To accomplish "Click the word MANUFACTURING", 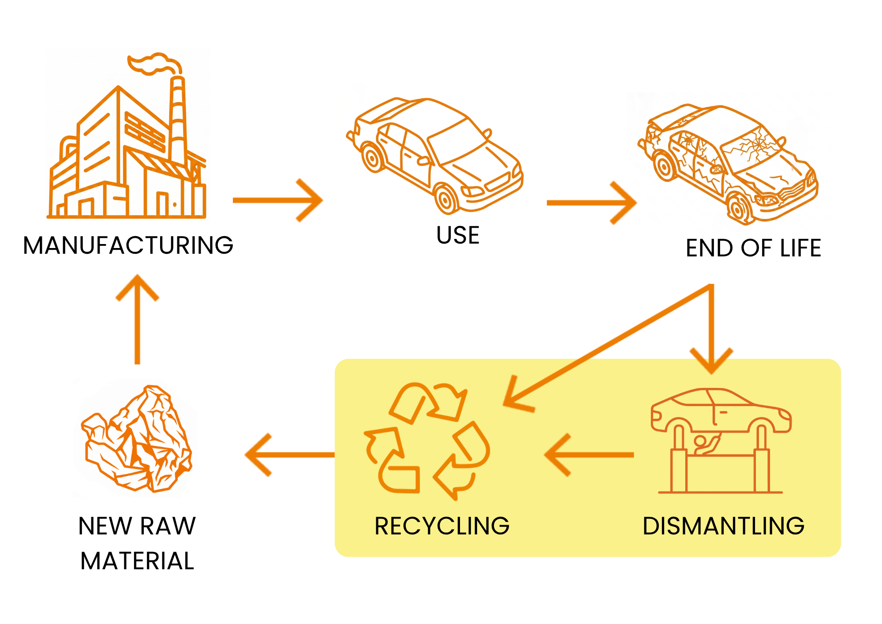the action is coord(128,245).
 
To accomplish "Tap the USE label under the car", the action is coord(458,235).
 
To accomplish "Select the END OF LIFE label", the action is coord(753,248).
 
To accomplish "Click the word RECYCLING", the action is coord(442,526).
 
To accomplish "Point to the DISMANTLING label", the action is coord(724,526).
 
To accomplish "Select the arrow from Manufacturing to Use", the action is coord(278,200).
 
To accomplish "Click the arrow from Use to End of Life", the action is coord(592,203).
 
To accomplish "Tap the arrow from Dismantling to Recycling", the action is coord(589,455).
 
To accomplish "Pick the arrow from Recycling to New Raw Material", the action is coord(290,455).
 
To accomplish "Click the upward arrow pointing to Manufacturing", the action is coord(137,320).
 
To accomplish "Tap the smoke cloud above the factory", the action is coord(154,64).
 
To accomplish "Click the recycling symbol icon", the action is coord(427,441).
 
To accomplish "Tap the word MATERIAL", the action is coord(137,561).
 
